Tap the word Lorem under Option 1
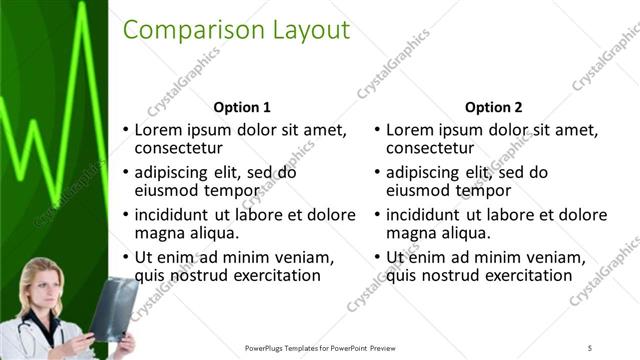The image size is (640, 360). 158,130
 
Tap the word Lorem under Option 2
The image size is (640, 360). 409,130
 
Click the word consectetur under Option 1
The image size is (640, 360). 181,150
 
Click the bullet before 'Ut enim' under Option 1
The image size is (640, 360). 125,257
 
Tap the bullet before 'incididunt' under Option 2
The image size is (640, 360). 376,215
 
